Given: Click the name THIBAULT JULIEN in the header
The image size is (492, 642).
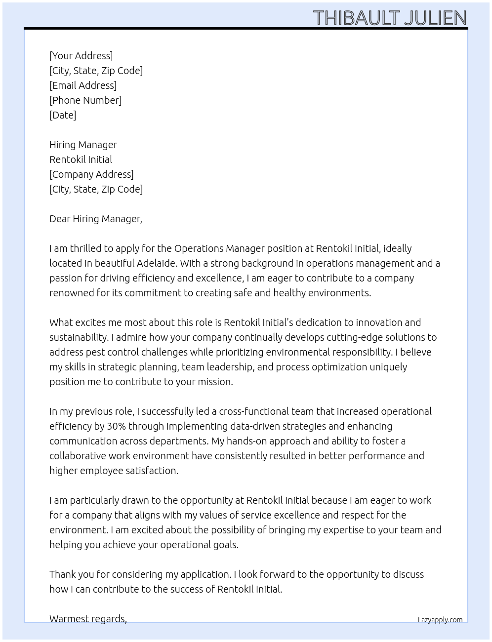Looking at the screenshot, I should coord(390,18).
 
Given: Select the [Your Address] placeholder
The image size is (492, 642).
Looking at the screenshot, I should coord(81,56).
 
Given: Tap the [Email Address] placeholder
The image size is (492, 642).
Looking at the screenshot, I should coord(83,85).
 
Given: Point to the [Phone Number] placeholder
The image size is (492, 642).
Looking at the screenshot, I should coord(85,100).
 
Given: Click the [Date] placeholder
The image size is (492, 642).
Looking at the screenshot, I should coord(63,115).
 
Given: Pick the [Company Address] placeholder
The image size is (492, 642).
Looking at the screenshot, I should coord(91,174).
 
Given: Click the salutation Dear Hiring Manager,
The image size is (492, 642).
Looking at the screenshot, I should coord(96,219).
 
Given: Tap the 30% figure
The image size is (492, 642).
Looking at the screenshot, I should coord(117,426).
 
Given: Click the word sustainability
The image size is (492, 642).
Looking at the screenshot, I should coord(78,337).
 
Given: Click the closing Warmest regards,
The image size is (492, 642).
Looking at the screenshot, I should coord(88,619).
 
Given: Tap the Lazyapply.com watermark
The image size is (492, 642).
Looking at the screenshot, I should coord(440,620).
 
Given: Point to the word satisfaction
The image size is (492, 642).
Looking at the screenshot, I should coord(152,471).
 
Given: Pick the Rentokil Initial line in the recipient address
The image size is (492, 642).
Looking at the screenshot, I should coord(81,160).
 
